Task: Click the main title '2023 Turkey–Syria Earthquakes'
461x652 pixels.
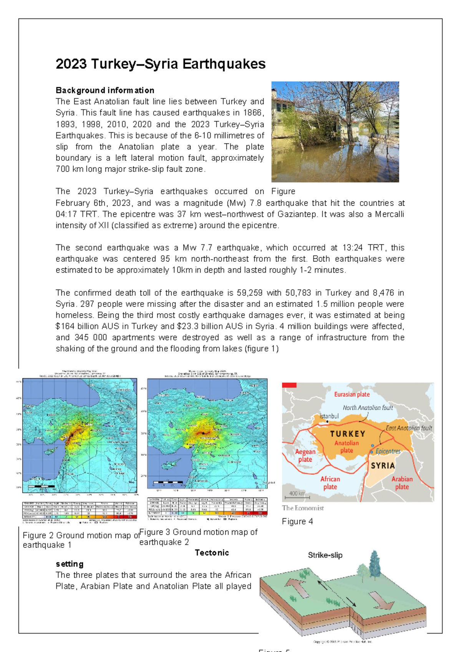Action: point(161,64)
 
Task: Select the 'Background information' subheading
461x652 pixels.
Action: point(105,90)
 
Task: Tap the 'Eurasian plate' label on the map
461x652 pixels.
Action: point(352,394)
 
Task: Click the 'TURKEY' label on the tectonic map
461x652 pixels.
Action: point(348,434)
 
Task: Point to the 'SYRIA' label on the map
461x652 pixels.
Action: point(383,466)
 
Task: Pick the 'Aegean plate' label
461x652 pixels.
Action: point(305,456)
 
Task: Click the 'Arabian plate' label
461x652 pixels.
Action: point(402,483)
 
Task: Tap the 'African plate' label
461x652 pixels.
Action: point(330,483)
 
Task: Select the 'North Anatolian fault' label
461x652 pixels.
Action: point(368,408)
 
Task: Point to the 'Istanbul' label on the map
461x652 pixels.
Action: point(329,416)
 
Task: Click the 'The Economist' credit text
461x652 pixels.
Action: point(303,508)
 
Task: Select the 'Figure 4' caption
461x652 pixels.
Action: point(297,522)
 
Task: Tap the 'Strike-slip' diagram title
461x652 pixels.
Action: point(325,555)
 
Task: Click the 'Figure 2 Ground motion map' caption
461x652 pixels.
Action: point(81,536)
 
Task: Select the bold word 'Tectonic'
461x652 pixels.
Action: point(212,553)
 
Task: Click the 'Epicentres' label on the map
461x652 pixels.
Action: point(388,451)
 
